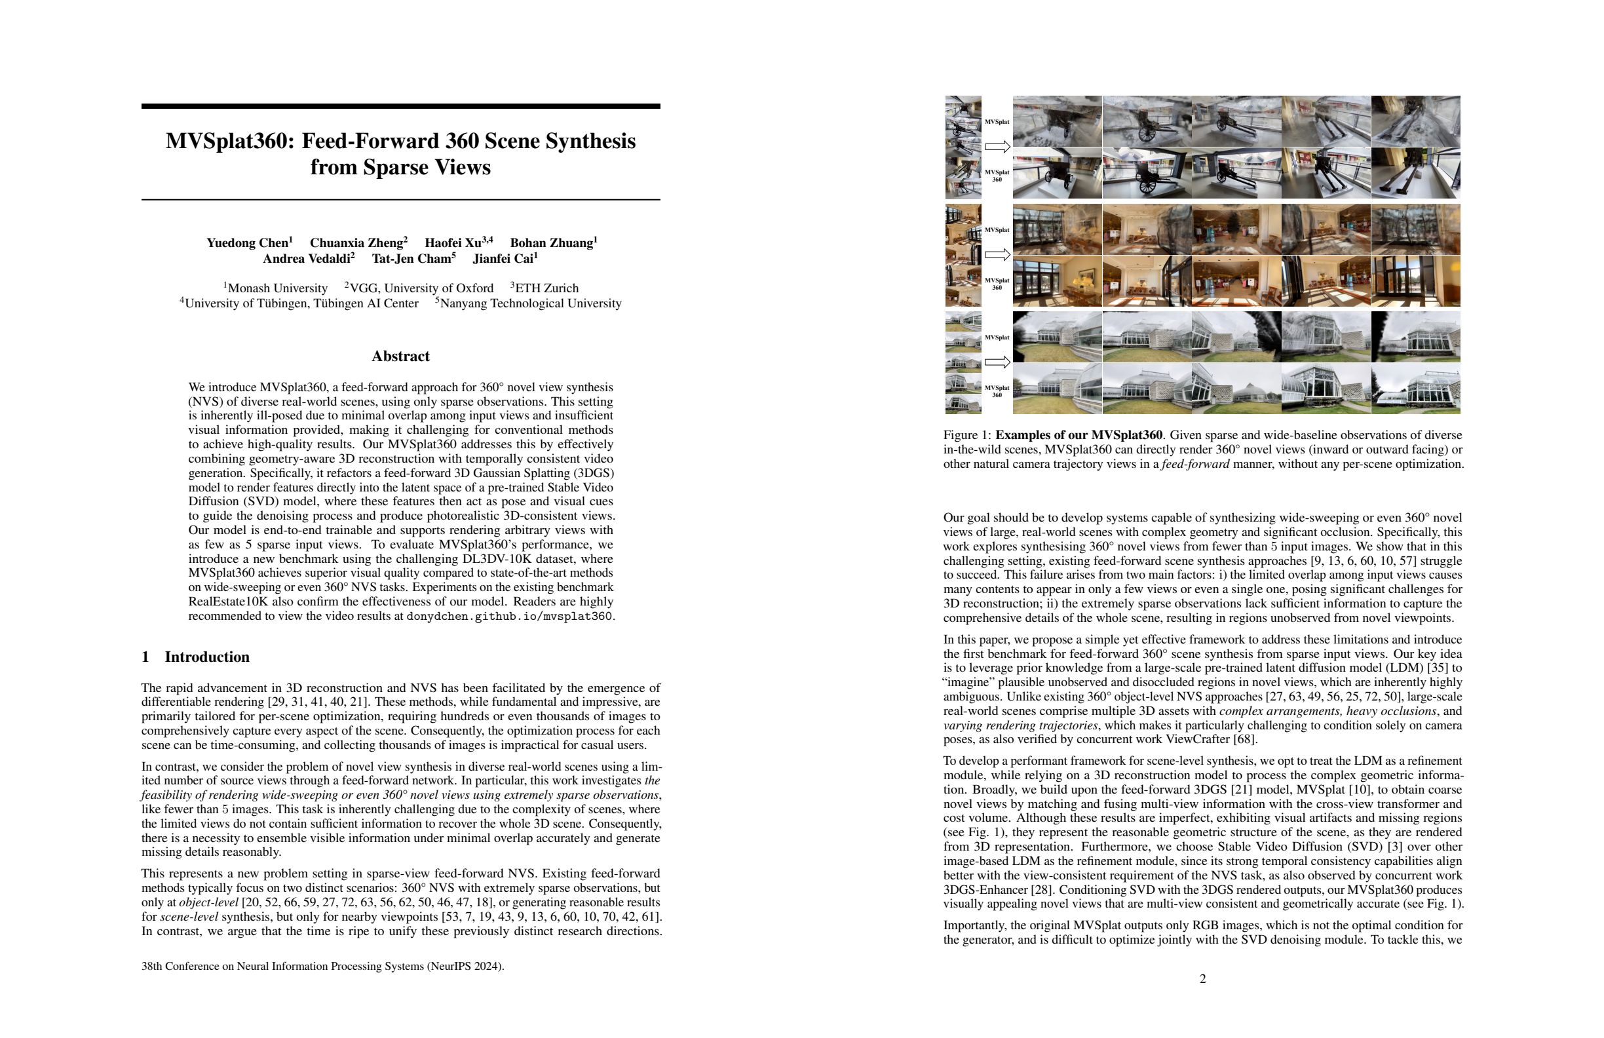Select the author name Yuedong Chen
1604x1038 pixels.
[247, 242]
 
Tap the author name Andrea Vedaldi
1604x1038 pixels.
[307, 259]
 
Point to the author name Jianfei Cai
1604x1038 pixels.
[503, 259]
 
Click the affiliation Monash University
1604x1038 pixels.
[277, 288]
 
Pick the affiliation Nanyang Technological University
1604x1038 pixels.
[530, 303]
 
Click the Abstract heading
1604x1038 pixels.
[400, 356]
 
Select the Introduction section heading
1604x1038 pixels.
[206, 657]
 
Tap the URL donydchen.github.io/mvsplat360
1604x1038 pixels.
[510, 616]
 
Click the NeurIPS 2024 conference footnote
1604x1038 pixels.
[323, 966]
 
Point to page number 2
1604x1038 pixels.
[1202, 978]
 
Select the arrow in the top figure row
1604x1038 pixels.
[997, 146]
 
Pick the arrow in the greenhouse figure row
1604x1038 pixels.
[997, 362]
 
